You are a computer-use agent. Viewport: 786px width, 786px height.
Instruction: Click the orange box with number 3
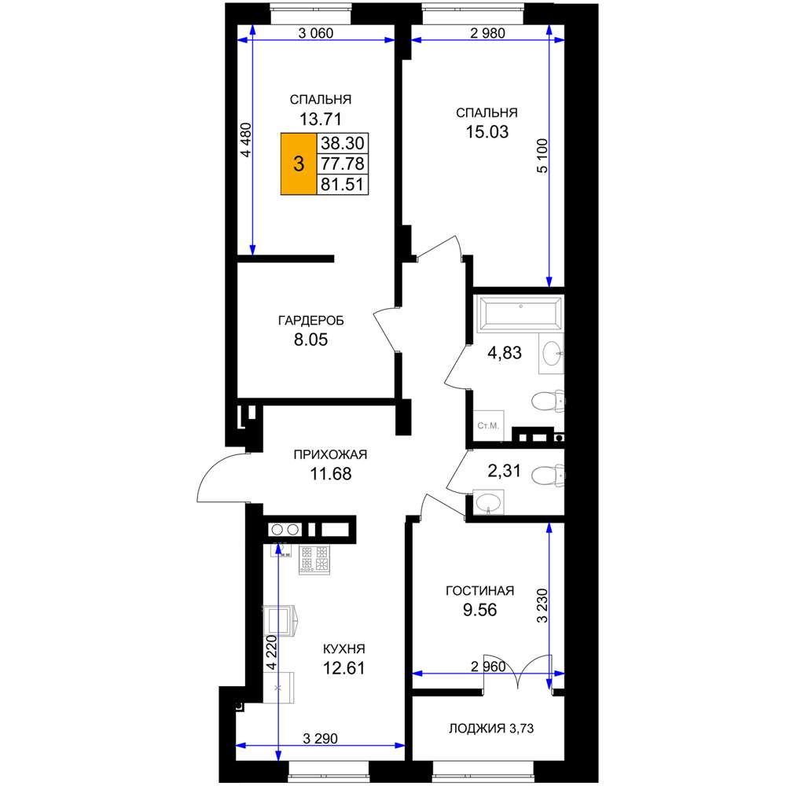click(299, 164)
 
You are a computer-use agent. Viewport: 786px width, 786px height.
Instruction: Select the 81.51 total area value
click(343, 185)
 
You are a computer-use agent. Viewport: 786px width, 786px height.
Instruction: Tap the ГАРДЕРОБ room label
click(310, 321)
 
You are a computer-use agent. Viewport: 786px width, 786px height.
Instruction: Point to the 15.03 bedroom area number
click(487, 132)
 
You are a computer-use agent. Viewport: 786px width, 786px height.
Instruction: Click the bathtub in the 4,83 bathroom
click(520, 314)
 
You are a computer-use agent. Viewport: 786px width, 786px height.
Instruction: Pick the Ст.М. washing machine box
click(488, 425)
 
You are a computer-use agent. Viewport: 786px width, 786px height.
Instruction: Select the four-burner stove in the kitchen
click(314, 560)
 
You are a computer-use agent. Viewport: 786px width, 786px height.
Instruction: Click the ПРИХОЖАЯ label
click(330, 454)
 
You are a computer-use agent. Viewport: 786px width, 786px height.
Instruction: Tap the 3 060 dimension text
click(316, 33)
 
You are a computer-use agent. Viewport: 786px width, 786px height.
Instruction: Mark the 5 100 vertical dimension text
click(542, 156)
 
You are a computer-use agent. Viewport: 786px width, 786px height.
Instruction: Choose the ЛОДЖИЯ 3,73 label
click(491, 729)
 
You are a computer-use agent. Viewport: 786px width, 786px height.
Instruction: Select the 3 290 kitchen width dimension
click(321, 738)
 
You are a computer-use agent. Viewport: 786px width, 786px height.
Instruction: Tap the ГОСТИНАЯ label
click(479, 591)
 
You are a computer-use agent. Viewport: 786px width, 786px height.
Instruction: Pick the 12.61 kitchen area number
click(343, 668)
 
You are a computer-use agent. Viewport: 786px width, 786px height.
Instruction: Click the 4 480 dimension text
click(245, 140)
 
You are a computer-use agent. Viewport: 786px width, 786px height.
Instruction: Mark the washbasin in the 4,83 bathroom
click(552, 353)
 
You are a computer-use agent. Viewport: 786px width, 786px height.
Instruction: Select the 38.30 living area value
click(343, 143)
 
